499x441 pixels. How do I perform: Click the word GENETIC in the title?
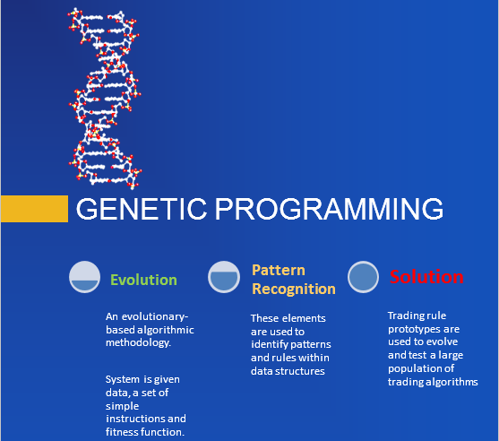(142, 209)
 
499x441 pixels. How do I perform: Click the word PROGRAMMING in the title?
(329, 209)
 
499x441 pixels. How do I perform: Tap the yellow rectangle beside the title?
(34, 209)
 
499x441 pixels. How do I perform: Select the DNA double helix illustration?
(105, 99)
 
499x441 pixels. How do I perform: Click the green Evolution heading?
(143, 280)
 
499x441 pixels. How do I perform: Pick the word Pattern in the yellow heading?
(279, 271)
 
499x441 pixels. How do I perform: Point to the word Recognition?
(294, 290)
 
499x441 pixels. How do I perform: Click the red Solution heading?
(426, 277)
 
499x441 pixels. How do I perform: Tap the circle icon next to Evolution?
(84, 277)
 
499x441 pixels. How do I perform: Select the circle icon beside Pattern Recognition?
(224, 277)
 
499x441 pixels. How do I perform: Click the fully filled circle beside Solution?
(363, 277)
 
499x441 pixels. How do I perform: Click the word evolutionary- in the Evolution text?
(155, 316)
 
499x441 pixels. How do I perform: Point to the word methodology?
(139, 343)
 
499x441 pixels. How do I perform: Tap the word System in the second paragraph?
(123, 379)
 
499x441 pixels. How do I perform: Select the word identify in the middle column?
(270, 345)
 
